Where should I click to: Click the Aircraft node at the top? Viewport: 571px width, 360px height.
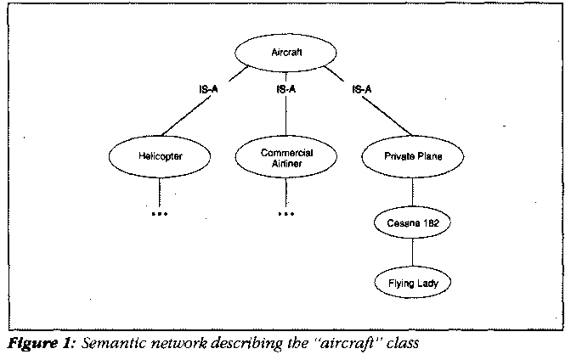pyautogui.click(x=287, y=53)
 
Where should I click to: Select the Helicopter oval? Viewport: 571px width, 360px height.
pyautogui.click(x=160, y=156)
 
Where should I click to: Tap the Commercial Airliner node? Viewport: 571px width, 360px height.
pyautogui.click(x=286, y=157)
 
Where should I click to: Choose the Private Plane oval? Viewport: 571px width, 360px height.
pyautogui.click(x=413, y=156)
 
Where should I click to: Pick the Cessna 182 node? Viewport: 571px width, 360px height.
pyautogui.click(x=414, y=224)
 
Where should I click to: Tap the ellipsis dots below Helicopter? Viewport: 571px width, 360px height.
pyautogui.click(x=160, y=214)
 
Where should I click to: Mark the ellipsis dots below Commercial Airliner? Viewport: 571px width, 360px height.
pyautogui.click(x=286, y=214)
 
